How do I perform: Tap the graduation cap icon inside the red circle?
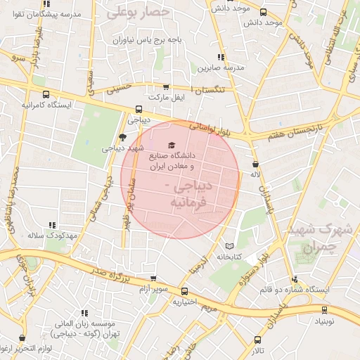point(173,146)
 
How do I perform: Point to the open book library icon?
point(229,247)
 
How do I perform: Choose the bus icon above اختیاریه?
point(184,291)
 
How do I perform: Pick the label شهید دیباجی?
point(123,148)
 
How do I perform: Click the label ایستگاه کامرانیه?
point(46,105)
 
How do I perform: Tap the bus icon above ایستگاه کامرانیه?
point(46,94)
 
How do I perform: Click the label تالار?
point(257,350)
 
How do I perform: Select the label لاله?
point(256,174)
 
